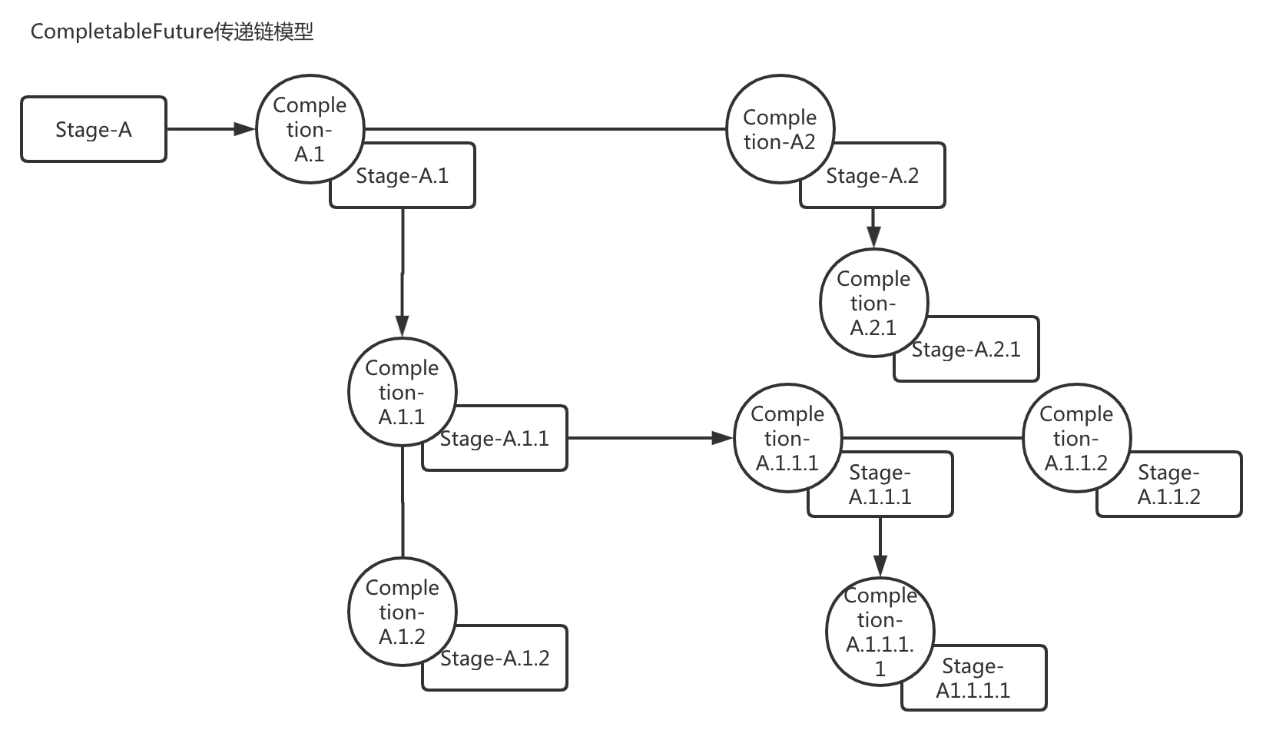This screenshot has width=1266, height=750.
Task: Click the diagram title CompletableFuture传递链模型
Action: [172, 32]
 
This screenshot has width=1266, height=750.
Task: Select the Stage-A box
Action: [94, 129]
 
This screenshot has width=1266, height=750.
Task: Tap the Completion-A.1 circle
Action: [310, 129]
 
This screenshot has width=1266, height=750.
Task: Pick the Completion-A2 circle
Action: [780, 129]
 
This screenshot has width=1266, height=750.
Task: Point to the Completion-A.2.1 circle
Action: [873, 303]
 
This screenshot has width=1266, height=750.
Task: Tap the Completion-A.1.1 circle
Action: [402, 392]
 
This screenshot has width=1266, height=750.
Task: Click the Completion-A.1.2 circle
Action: [402, 612]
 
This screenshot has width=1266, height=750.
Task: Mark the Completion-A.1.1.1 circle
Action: [787, 438]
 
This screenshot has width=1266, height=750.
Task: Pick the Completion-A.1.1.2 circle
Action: [1076, 438]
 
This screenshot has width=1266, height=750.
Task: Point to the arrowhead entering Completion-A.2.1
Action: [873, 237]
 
